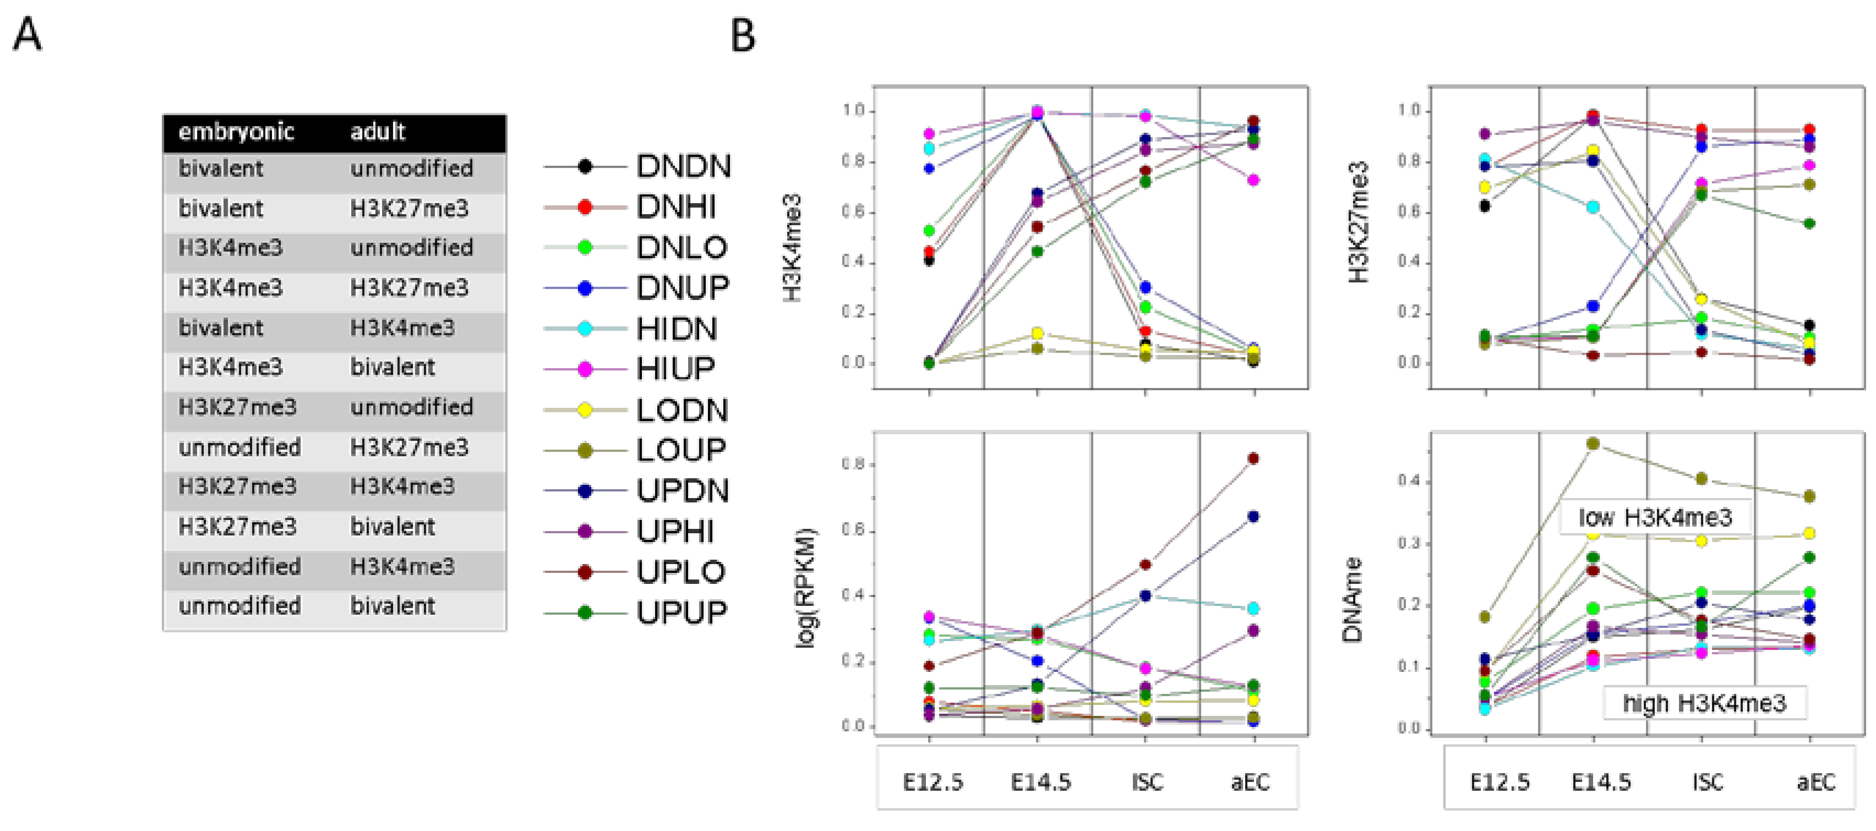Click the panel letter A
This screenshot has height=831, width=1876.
click(x=28, y=35)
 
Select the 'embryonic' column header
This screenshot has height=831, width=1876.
click(x=236, y=132)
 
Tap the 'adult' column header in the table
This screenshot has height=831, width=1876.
click(x=377, y=132)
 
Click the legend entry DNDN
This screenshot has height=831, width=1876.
click(x=683, y=167)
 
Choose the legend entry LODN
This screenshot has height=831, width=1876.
click(x=681, y=410)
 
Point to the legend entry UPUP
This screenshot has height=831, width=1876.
click(x=681, y=613)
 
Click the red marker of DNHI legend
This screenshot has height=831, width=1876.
click(x=585, y=207)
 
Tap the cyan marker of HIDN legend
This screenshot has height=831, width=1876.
click(x=585, y=329)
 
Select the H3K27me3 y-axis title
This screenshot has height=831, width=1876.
click(x=1359, y=222)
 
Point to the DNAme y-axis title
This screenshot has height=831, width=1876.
click(x=1353, y=599)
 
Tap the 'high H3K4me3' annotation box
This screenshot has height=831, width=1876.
click(x=1704, y=703)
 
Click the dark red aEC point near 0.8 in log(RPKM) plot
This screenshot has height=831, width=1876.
click(x=1253, y=458)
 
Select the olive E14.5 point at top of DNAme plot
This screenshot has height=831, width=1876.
click(x=1594, y=444)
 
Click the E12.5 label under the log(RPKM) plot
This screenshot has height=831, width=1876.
click(x=932, y=782)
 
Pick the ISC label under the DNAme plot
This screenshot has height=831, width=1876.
click(x=1707, y=782)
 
